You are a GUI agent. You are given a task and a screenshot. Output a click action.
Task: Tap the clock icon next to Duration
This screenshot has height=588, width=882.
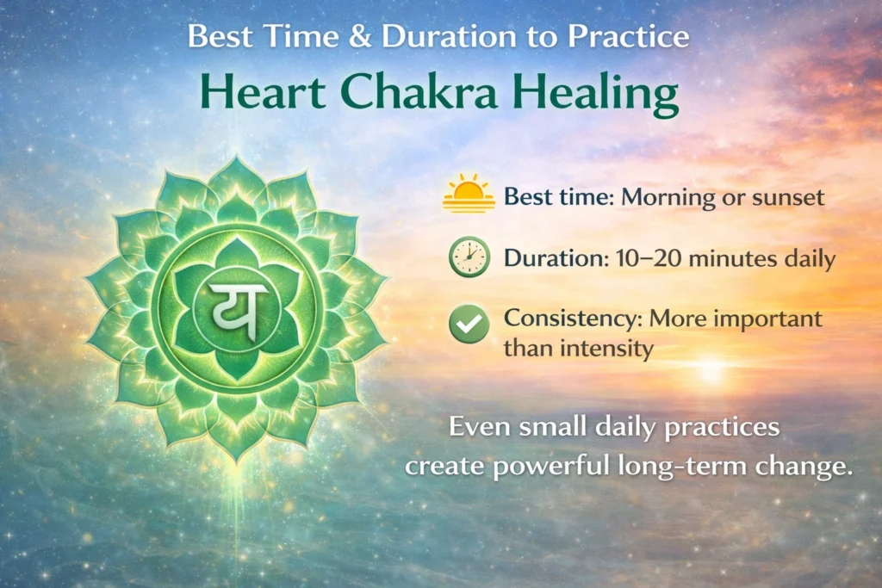pyautogui.click(x=469, y=258)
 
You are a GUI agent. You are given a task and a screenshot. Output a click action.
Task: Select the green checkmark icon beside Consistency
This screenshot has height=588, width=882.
pyautogui.click(x=469, y=325)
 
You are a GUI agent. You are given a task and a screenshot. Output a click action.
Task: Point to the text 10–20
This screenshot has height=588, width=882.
pyautogui.click(x=630, y=259)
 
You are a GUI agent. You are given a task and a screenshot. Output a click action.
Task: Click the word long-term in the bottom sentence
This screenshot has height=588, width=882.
pyautogui.click(x=682, y=467)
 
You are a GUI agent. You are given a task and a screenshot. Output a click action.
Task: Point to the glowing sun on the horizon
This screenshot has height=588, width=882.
pyautogui.click(x=711, y=371)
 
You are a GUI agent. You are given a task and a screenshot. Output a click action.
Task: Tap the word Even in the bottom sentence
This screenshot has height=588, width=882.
pyautogui.click(x=477, y=427)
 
